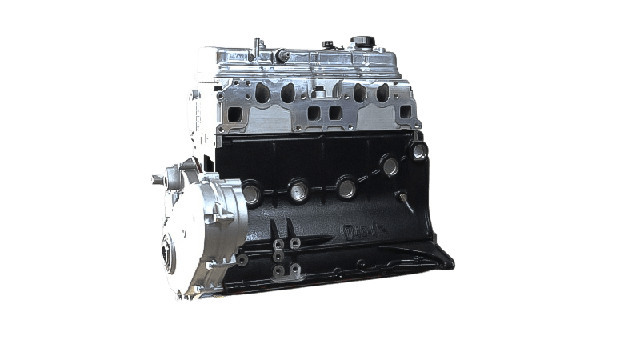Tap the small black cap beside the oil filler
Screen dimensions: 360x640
[328, 44]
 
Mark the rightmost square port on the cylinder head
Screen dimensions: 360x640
[405, 111]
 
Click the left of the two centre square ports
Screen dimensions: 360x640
[313, 114]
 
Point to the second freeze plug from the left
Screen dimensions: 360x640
[300, 190]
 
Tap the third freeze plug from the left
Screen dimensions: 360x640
[346, 187]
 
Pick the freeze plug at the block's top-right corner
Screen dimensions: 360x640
[419, 150]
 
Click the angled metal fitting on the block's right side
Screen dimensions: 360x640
[406, 202]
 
